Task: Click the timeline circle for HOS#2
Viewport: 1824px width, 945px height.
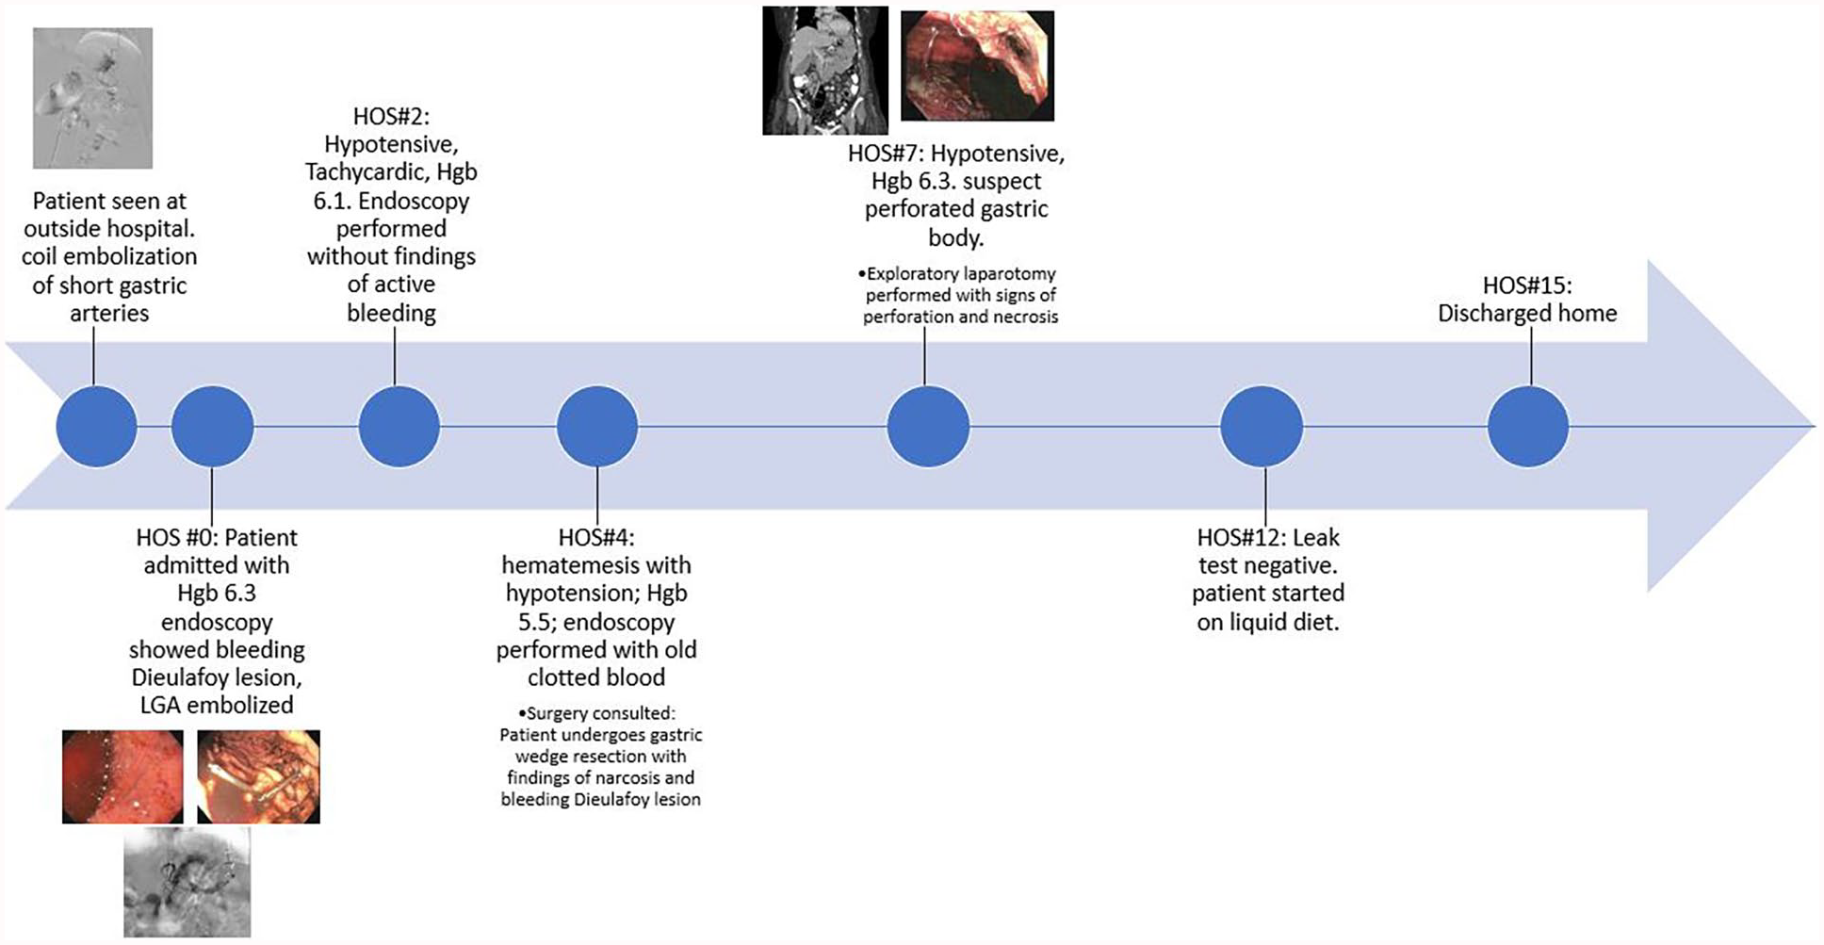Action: click(399, 426)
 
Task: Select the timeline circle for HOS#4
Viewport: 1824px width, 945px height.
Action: click(597, 426)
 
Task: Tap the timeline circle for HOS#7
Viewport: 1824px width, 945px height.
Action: click(928, 426)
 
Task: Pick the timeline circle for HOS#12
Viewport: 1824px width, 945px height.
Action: click(1262, 426)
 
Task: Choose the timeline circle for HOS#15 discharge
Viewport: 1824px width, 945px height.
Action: click(1528, 426)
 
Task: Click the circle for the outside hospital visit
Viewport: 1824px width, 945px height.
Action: click(96, 426)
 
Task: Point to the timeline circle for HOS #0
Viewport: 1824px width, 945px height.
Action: click(213, 426)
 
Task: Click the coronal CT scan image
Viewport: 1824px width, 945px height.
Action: click(825, 71)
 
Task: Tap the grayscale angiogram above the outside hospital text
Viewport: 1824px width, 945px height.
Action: click(92, 98)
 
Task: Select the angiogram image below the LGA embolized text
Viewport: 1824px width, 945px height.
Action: click(187, 883)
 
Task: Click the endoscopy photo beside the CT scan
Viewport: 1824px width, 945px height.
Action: click(978, 66)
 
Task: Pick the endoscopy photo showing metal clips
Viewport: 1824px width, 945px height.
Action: click(258, 776)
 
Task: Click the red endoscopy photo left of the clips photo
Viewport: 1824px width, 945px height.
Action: click(122, 776)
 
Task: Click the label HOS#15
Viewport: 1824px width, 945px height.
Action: click(1527, 285)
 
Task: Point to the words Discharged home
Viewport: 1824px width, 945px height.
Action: click(1527, 314)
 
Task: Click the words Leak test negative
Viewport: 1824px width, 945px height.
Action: click(1268, 552)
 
